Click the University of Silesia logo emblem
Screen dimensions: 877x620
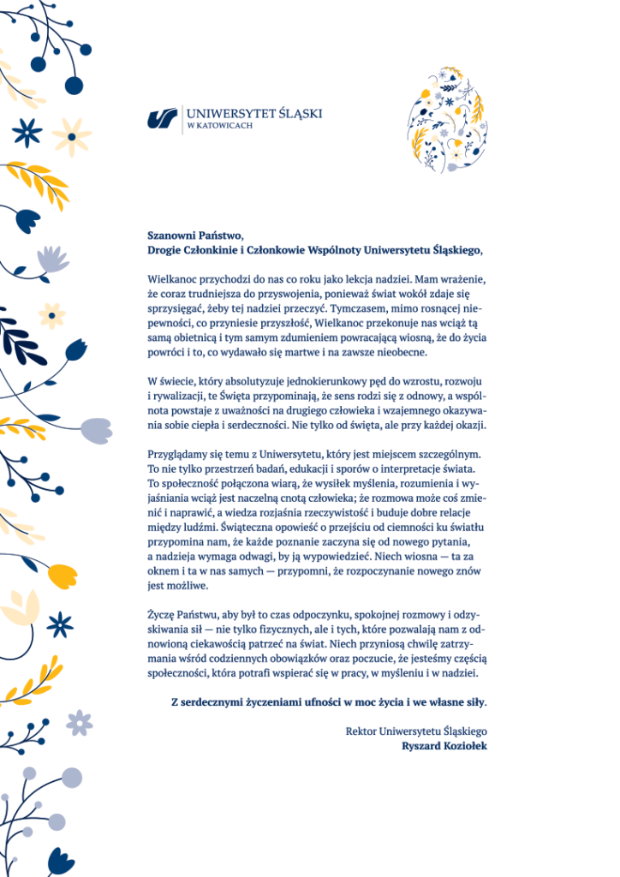(x=162, y=118)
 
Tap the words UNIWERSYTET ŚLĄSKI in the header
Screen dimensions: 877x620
(x=253, y=113)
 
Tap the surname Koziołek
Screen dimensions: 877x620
(x=465, y=745)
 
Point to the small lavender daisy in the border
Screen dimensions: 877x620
(x=79, y=723)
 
